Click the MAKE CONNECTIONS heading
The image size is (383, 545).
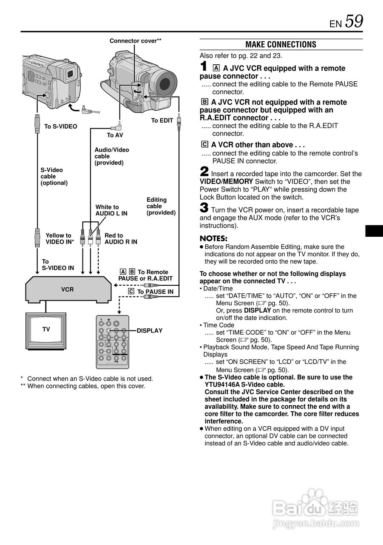281,45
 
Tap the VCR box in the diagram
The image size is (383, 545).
68,289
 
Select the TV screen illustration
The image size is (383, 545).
46,330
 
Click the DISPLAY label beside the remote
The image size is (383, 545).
150,330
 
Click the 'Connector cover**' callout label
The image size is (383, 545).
135,41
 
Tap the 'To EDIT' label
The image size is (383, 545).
162,120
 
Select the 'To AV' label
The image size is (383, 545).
115,135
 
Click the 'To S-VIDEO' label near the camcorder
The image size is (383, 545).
61,126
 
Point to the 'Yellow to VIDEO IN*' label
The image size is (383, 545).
60,238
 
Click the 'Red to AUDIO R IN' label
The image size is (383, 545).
121,238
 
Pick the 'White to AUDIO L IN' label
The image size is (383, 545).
111,210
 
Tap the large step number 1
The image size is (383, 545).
204,67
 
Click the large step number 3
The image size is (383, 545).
204,208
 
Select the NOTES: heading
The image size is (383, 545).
213,238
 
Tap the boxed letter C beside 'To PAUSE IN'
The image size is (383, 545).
131,291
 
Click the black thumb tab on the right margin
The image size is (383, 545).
374,231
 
